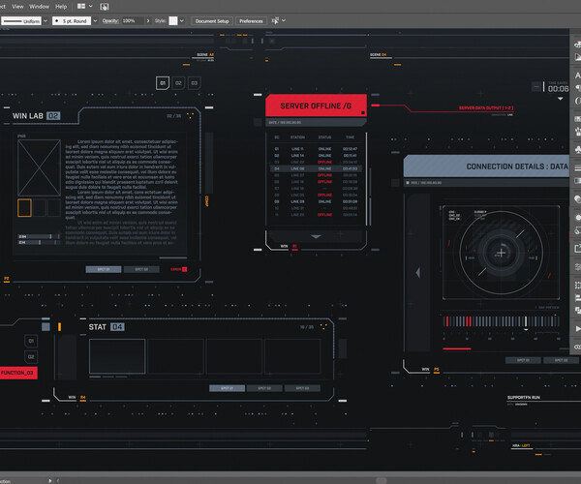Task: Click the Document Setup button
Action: tap(212, 20)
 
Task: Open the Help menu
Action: tap(62, 5)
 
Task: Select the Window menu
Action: tap(39, 5)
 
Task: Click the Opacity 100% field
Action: tap(131, 20)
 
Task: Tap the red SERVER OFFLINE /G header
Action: tap(318, 105)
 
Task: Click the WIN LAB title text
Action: tap(28, 116)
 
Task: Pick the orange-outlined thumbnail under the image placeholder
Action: tap(24, 207)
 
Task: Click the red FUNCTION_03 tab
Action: tap(18, 373)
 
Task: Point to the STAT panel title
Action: tap(97, 327)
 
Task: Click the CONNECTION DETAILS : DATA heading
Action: tap(516, 166)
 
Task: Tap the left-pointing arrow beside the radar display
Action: tap(416, 249)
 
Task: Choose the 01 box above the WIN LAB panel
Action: tap(163, 84)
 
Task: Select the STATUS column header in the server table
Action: tap(323, 137)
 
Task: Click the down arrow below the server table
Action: tap(317, 235)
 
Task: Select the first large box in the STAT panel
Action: tap(117, 355)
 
